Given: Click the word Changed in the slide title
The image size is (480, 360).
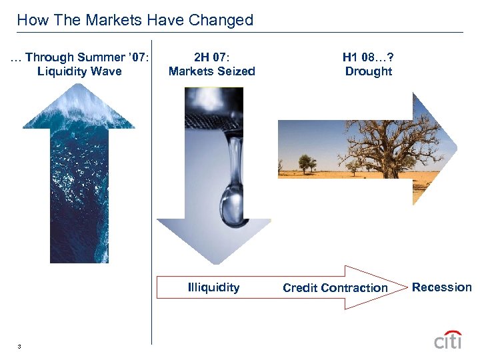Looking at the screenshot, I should (x=221, y=20).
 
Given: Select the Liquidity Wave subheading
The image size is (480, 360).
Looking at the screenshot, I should (x=79, y=71).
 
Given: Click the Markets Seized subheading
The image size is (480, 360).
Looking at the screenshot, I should (x=211, y=71).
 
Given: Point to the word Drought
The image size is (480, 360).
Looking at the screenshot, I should (x=369, y=71).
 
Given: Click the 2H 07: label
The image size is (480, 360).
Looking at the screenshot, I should (x=211, y=57).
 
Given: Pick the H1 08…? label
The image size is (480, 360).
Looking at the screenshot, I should (x=369, y=57).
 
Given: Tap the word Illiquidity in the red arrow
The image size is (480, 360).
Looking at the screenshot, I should (x=213, y=287).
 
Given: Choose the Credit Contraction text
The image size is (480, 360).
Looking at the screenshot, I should (x=335, y=288).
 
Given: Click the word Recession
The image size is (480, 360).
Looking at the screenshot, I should (x=441, y=287).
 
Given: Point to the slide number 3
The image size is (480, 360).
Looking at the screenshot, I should (x=20, y=346).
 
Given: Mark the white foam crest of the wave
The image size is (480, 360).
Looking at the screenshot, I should (x=79, y=107).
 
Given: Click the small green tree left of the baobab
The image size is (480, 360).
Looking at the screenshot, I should (x=307, y=162).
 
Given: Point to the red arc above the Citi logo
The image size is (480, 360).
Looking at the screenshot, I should (x=452, y=332).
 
